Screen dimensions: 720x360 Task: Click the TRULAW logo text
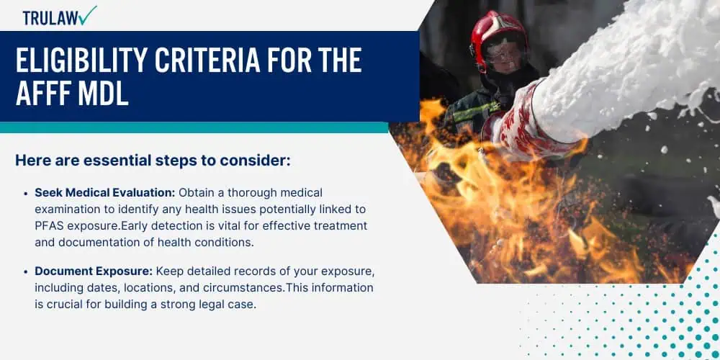pyautogui.click(x=50, y=17)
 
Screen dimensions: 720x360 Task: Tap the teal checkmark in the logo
pyautogui.click(x=87, y=15)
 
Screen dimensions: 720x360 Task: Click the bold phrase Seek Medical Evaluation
pyautogui.click(x=105, y=193)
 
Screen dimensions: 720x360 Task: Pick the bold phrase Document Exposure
pyautogui.click(x=94, y=272)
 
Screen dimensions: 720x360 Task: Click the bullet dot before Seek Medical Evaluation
pyautogui.click(x=26, y=193)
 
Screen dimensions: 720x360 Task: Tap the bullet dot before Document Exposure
pyautogui.click(x=26, y=272)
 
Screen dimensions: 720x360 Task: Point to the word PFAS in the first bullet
pyautogui.click(x=47, y=226)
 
